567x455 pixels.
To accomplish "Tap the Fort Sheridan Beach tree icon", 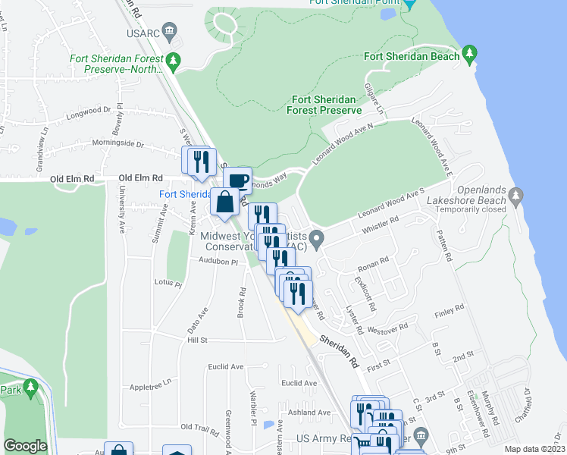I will pyautogui.click(x=470, y=54).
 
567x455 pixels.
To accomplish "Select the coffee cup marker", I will pyautogui.click(x=237, y=180).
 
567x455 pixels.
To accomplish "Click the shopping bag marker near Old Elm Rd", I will pyautogui.click(x=225, y=203).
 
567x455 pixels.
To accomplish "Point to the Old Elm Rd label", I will pyautogui.click(x=73, y=178).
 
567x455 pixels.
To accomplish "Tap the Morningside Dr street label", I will pyautogui.click(x=117, y=143).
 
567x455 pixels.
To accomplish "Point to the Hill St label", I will pyautogui.click(x=197, y=340).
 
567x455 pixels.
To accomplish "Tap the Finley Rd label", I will pyautogui.click(x=449, y=310).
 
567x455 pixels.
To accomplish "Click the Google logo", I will pyautogui.click(x=25, y=446).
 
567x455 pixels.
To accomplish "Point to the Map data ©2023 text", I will pyautogui.click(x=534, y=449).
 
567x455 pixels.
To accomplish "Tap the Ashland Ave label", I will pyautogui.click(x=313, y=413).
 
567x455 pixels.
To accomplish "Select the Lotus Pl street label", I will pyautogui.click(x=168, y=284).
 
